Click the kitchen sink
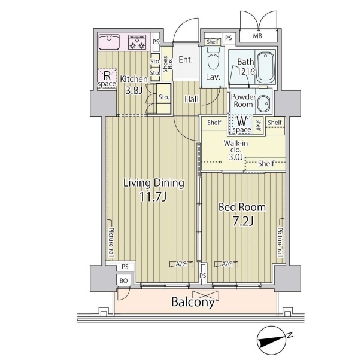[109, 42]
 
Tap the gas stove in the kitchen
[137, 42]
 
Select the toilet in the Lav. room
[213, 58]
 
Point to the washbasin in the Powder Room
[264, 103]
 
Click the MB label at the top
[257, 36]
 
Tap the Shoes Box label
[168, 64]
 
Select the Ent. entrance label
[186, 60]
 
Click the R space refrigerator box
[107, 80]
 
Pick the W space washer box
[242, 124]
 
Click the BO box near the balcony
[124, 280]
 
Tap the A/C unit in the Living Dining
[181, 264]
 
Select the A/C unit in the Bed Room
[226, 264]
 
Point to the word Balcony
[193, 302]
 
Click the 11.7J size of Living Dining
[153, 197]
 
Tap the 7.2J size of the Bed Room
[243, 221]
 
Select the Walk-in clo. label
[236, 147]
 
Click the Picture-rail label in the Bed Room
[280, 242]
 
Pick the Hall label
[192, 99]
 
